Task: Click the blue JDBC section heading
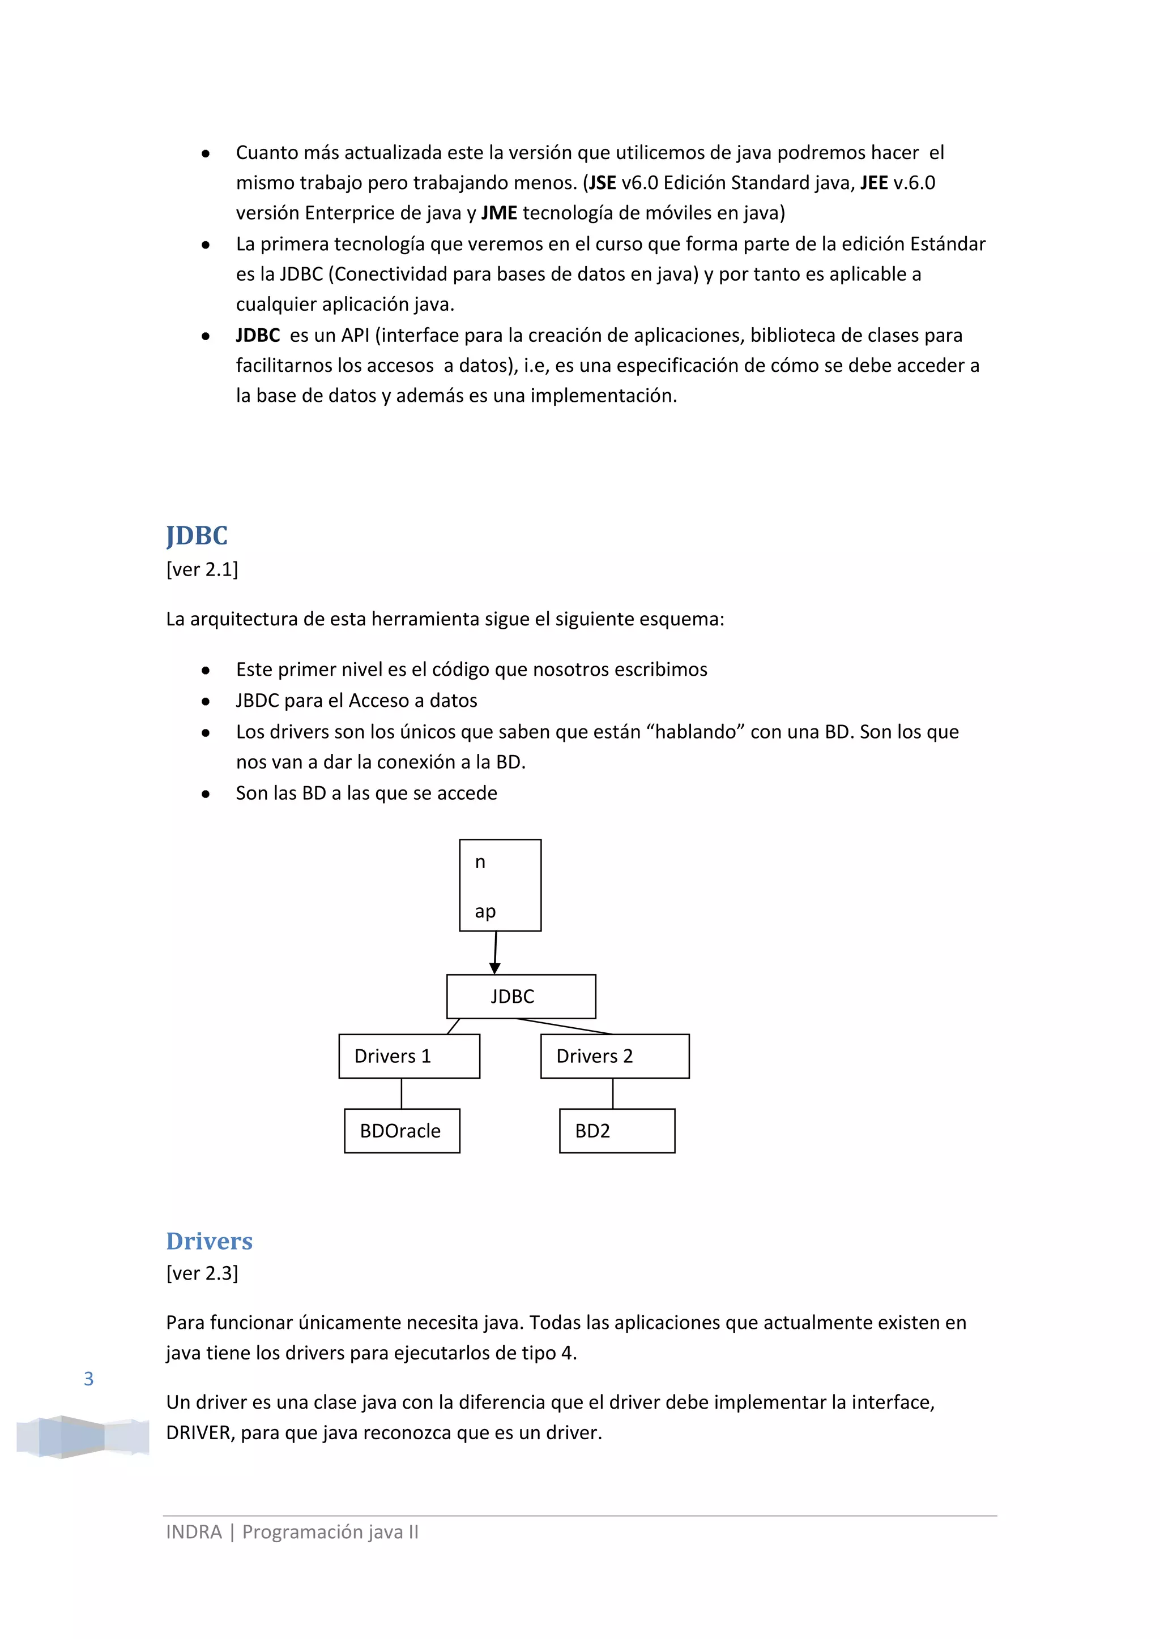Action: point(197,535)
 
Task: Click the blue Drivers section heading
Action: point(209,1241)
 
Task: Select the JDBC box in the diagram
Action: point(521,996)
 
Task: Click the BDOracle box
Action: point(402,1131)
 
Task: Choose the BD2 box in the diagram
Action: point(616,1131)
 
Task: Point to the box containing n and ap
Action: point(500,885)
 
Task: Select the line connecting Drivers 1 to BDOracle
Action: point(402,1093)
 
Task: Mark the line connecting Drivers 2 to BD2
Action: point(613,1093)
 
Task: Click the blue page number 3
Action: point(88,1379)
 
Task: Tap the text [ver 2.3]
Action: point(202,1273)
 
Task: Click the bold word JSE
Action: point(602,183)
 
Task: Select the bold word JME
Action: point(498,213)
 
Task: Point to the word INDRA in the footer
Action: point(194,1532)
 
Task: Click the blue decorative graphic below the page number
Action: point(83,1436)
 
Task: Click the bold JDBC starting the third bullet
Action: point(258,335)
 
